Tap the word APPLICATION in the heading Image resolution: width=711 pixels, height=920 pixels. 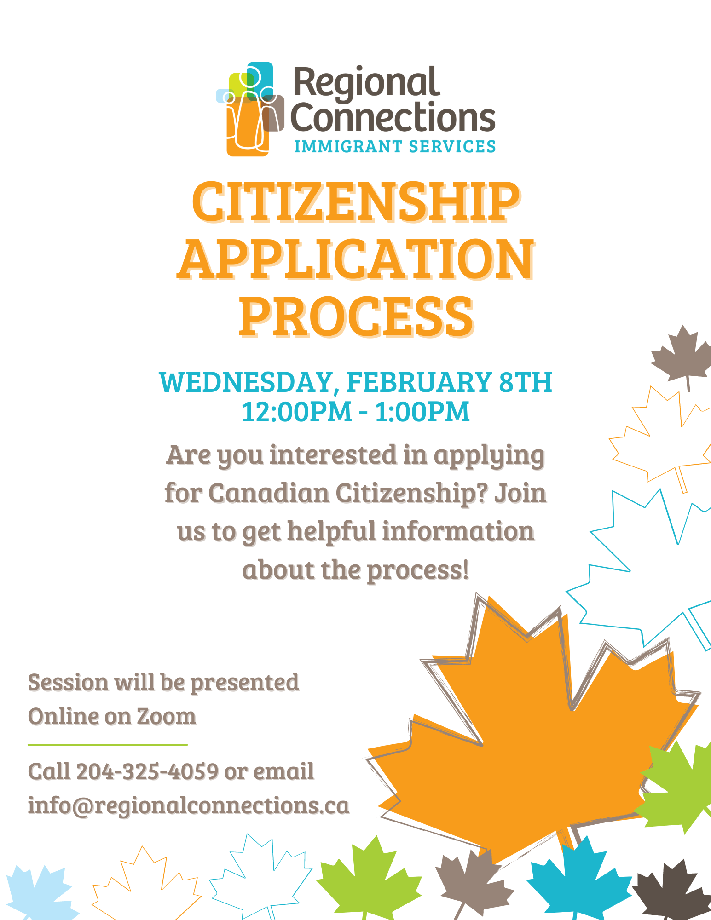pos(356,259)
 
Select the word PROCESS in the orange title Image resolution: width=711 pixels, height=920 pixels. pos(356,316)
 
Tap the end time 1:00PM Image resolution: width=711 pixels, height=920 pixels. pos(422,412)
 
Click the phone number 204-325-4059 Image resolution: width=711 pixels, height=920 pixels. pos(147,771)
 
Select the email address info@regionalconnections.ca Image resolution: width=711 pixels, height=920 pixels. pos(189,805)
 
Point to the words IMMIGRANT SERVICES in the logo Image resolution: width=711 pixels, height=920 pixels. pos(395,146)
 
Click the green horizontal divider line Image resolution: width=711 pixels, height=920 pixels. pos(108,744)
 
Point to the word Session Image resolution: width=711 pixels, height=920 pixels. pos(68,682)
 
